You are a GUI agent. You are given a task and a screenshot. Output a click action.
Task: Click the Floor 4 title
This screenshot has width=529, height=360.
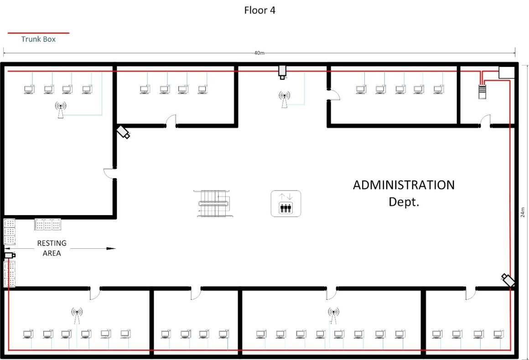click(x=259, y=10)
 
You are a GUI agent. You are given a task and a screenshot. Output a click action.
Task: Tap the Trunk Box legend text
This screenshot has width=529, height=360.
click(x=38, y=39)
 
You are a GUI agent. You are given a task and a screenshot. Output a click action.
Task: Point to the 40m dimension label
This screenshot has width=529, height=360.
click(x=259, y=53)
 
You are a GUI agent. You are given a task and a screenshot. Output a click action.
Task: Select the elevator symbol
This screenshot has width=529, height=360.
click(x=286, y=203)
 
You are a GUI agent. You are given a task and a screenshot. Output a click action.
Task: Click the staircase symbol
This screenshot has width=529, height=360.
click(x=213, y=203)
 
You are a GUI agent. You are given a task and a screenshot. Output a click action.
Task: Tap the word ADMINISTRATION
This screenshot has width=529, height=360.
click(x=404, y=185)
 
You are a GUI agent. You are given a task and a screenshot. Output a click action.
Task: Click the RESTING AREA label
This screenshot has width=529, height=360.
click(x=52, y=248)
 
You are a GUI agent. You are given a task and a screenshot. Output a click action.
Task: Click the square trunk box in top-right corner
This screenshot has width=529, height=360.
click(x=506, y=72)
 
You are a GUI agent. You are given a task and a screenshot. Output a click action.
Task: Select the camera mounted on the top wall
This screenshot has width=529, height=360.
click(x=283, y=72)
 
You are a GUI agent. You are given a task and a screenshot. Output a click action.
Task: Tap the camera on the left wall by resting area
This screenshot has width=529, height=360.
click(x=10, y=256)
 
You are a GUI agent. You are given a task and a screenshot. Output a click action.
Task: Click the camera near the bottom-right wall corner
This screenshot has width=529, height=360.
click(x=508, y=280)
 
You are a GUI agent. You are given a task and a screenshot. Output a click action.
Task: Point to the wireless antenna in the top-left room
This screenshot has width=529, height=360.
click(x=61, y=110)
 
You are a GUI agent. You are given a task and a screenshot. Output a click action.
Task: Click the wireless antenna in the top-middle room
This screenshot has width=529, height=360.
click(x=284, y=99)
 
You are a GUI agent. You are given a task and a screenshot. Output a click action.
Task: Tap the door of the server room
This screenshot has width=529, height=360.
click(x=485, y=121)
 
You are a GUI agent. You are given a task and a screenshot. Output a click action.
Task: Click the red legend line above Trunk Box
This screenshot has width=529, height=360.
click(x=38, y=33)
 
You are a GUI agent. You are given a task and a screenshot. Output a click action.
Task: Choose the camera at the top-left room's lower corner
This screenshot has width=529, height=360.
click(x=123, y=132)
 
